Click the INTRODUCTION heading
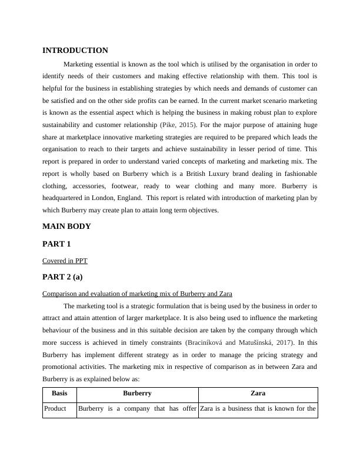point(75,51)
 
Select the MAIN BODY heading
point(66,226)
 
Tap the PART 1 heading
point(56,244)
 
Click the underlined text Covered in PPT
point(65,260)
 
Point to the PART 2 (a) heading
point(66,277)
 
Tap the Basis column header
point(59,393)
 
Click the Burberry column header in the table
point(137,393)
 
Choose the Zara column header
point(258,393)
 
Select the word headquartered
point(64,198)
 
